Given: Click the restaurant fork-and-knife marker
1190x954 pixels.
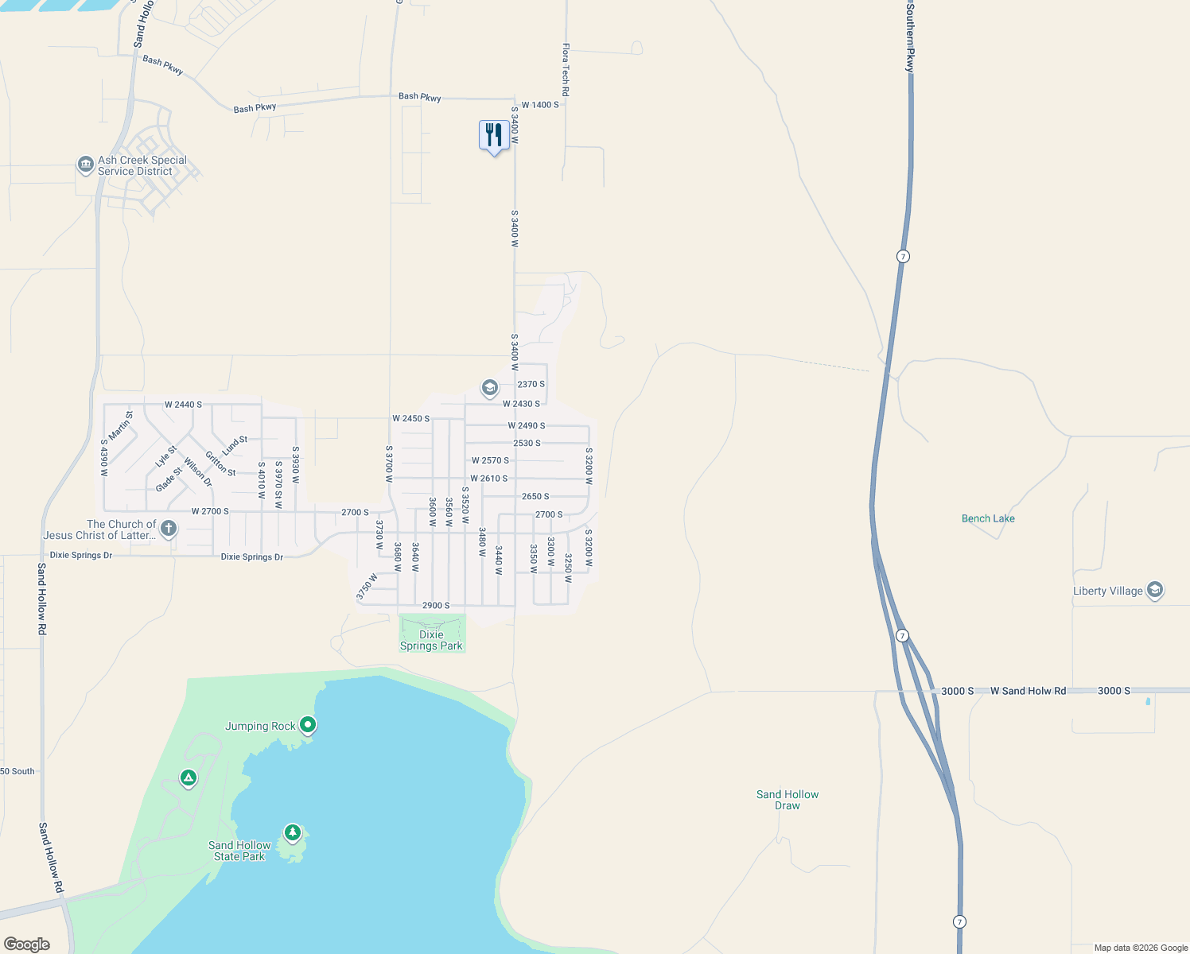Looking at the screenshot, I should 494,136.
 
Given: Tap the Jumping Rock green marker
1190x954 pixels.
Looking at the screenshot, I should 308,725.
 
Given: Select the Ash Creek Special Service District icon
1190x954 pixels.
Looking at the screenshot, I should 85,165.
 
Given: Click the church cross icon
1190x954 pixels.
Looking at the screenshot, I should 168,528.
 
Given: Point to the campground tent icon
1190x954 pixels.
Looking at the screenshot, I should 189,778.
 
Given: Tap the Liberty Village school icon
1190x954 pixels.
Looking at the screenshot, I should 1155,590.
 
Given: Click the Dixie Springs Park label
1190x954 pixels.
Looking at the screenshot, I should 431,640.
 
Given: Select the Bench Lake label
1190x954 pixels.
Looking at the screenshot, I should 988,518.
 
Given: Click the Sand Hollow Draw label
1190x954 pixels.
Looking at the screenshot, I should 787,800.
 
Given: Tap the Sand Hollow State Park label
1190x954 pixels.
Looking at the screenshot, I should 239,851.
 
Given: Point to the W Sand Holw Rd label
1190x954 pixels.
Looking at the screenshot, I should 1028,691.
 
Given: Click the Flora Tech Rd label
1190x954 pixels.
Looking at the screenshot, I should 566,70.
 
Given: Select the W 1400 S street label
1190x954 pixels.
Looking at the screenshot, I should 540,105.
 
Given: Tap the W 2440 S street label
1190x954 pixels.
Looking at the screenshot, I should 183,405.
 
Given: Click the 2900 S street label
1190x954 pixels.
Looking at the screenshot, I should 436,606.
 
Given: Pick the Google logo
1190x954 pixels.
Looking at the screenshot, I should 27,944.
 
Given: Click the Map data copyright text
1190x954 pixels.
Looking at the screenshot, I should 1140,948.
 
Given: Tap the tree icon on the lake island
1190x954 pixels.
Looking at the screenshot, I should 293,832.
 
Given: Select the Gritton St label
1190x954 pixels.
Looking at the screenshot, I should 220,463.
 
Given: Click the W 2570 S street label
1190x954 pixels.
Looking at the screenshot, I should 490,460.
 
